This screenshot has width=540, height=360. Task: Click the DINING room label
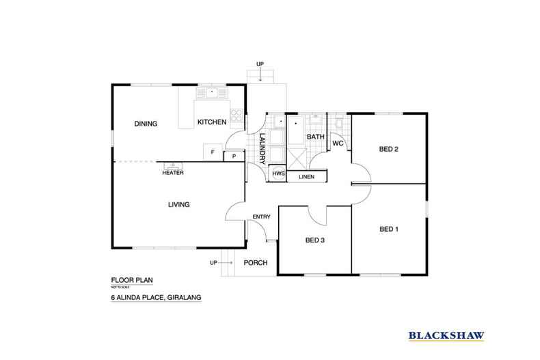pyautogui.click(x=146, y=124)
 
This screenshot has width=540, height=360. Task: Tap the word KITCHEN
pyautogui.click(x=211, y=122)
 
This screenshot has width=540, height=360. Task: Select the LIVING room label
pyautogui.click(x=178, y=204)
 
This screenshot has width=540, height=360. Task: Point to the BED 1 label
pyautogui.click(x=388, y=230)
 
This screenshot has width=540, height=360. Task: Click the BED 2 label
pyautogui.click(x=388, y=149)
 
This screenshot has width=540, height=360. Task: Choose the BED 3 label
pyautogui.click(x=314, y=240)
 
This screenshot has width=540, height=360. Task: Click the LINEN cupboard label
pyautogui.click(x=306, y=177)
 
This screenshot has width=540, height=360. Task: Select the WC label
pyautogui.click(x=338, y=143)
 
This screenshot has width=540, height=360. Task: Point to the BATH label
pyautogui.click(x=315, y=137)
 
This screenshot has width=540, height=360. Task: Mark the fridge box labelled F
pyautogui.click(x=213, y=152)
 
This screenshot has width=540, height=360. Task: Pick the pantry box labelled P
pyautogui.click(x=234, y=156)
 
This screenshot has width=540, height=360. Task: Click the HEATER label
pyautogui.click(x=172, y=173)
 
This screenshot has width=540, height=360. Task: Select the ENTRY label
pyautogui.click(x=262, y=217)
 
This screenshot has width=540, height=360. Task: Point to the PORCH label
pyautogui.click(x=256, y=263)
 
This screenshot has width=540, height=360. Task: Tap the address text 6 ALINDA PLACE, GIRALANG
pyautogui.click(x=155, y=299)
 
